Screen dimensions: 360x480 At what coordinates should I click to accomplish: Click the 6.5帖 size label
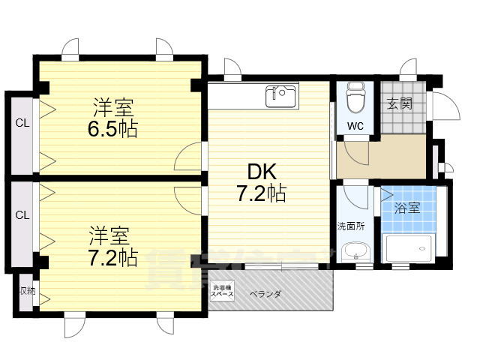(112, 128)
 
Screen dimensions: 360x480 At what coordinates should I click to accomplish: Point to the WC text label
(355, 127)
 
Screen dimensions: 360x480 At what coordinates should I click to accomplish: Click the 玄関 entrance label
(399, 104)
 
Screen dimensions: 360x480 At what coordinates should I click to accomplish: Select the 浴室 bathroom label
(406, 208)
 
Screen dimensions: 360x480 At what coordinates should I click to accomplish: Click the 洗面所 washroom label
(349, 226)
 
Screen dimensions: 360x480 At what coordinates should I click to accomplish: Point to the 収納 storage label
(27, 290)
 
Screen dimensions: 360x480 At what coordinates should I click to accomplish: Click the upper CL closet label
(22, 124)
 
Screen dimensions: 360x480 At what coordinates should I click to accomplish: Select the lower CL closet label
(22, 214)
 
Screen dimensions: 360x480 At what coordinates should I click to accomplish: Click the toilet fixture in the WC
(355, 98)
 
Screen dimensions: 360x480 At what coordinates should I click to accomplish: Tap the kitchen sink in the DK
(281, 96)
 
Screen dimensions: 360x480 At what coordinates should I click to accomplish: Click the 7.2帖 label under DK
(260, 193)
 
